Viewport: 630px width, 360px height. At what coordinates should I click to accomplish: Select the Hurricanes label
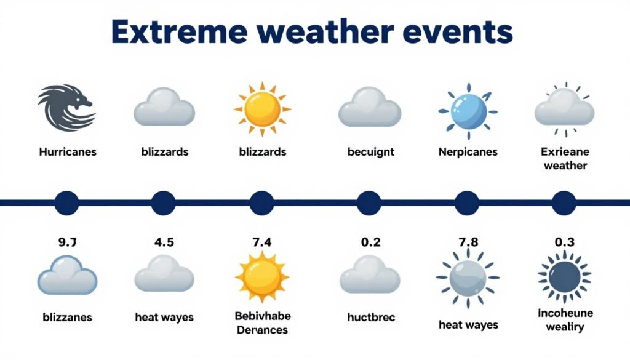(x=67, y=151)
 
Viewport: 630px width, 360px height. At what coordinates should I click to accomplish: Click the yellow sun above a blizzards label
(x=262, y=109)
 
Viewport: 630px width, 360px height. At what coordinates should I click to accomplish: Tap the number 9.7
(x=67, y=242)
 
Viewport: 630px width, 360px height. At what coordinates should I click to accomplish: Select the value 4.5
(x=164, y=242)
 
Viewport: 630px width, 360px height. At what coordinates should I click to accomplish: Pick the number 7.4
(x=261, y=242)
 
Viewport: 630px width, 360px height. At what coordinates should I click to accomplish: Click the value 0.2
(x=370, y=242)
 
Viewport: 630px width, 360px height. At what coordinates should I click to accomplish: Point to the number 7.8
(x=468, y=242)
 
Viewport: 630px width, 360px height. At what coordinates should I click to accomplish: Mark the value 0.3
(x=564, y=242)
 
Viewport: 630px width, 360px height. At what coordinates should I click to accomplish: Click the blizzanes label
(x=67, y=318)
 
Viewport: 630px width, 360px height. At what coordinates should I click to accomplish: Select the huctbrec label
(x=370, y=318)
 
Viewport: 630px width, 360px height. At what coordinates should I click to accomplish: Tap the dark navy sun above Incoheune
(x=564, y=276)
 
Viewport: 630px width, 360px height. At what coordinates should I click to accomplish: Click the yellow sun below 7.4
(x=261, y=277)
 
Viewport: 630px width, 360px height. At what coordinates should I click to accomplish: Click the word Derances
(x=263, y=330)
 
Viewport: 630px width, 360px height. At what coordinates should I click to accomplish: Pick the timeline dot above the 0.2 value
(x=369, y=202)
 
